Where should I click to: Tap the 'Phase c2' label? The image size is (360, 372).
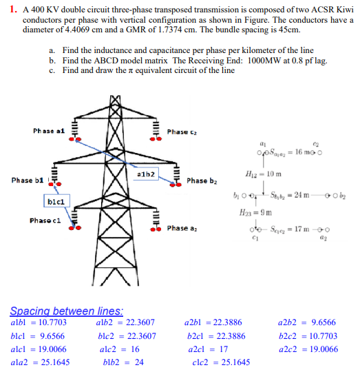tap(181, 131)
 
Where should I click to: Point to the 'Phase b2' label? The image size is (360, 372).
tap(202, 181)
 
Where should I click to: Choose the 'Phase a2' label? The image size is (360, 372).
tap(181, 228)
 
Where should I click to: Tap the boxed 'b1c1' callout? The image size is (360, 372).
tap(56, 202)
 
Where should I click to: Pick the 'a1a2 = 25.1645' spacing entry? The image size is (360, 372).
tap(39, 362)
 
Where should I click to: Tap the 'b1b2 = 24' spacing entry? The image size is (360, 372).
tap(123, 362)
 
